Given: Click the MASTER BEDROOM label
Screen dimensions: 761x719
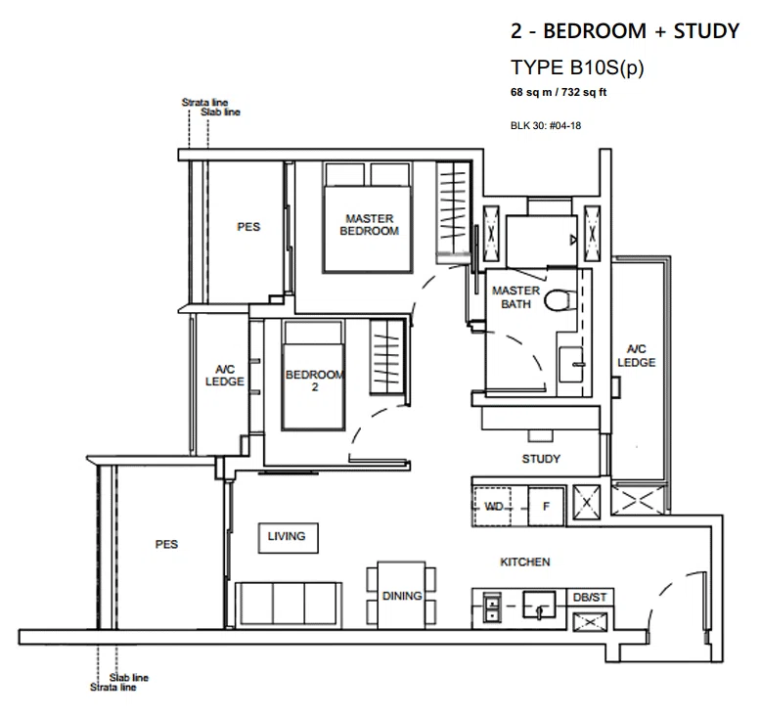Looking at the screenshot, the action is click(370, 225).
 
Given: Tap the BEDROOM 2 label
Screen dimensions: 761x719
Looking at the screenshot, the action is click(315, 381).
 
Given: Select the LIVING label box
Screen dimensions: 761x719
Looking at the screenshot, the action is click(289, 538).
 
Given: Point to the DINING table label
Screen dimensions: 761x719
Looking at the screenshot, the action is click(402, 596).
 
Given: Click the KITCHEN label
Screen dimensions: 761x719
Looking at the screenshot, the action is click(525, 562).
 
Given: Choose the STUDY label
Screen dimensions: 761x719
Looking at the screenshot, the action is click(541, 459).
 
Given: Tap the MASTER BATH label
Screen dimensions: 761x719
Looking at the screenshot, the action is click(515, 297).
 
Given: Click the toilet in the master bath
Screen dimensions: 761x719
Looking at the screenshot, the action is click(560, 300).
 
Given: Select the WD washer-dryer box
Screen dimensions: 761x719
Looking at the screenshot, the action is click(493, 507).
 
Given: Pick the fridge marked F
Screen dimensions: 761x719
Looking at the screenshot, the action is click(546, 507).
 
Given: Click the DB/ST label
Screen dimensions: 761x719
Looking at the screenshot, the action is click(590, 597).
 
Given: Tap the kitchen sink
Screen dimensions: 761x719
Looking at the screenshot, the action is click(539, 605).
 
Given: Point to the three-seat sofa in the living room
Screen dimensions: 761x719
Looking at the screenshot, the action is click(289, 605).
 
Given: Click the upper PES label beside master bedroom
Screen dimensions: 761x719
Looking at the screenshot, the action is click(248, 227).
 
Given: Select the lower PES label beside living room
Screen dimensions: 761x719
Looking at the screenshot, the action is click(166, 544).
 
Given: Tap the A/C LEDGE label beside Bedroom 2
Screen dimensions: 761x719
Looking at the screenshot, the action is click(225, 376).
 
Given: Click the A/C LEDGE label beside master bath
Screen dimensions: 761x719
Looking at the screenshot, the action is click(636, 355).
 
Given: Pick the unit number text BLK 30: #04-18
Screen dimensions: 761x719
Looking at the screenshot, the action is click(546, 126).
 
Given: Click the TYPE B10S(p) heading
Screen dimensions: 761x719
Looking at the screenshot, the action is click(577, 67).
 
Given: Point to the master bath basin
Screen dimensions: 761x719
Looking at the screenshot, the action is click(571, 364).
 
